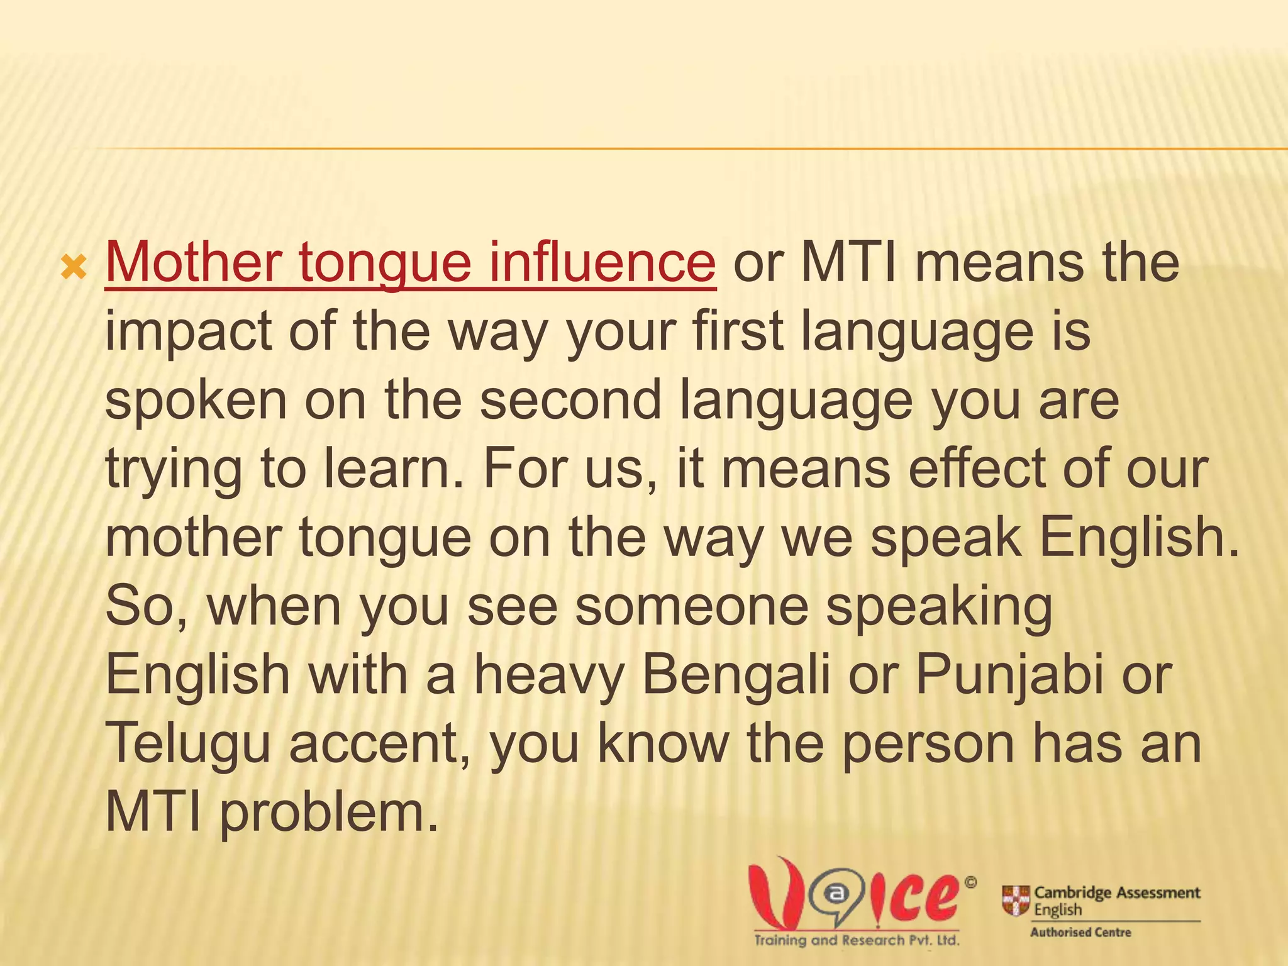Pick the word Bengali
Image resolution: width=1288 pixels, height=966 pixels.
click(736, 675)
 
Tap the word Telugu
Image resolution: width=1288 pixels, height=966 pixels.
click(187, 743)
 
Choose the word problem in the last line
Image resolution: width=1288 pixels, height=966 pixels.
click(328, 813)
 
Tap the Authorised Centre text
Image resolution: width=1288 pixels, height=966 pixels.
click(1080, 933)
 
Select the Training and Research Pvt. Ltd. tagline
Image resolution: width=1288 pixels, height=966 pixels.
click(857, 941)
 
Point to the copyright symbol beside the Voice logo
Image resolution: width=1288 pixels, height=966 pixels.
click(970, 883)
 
